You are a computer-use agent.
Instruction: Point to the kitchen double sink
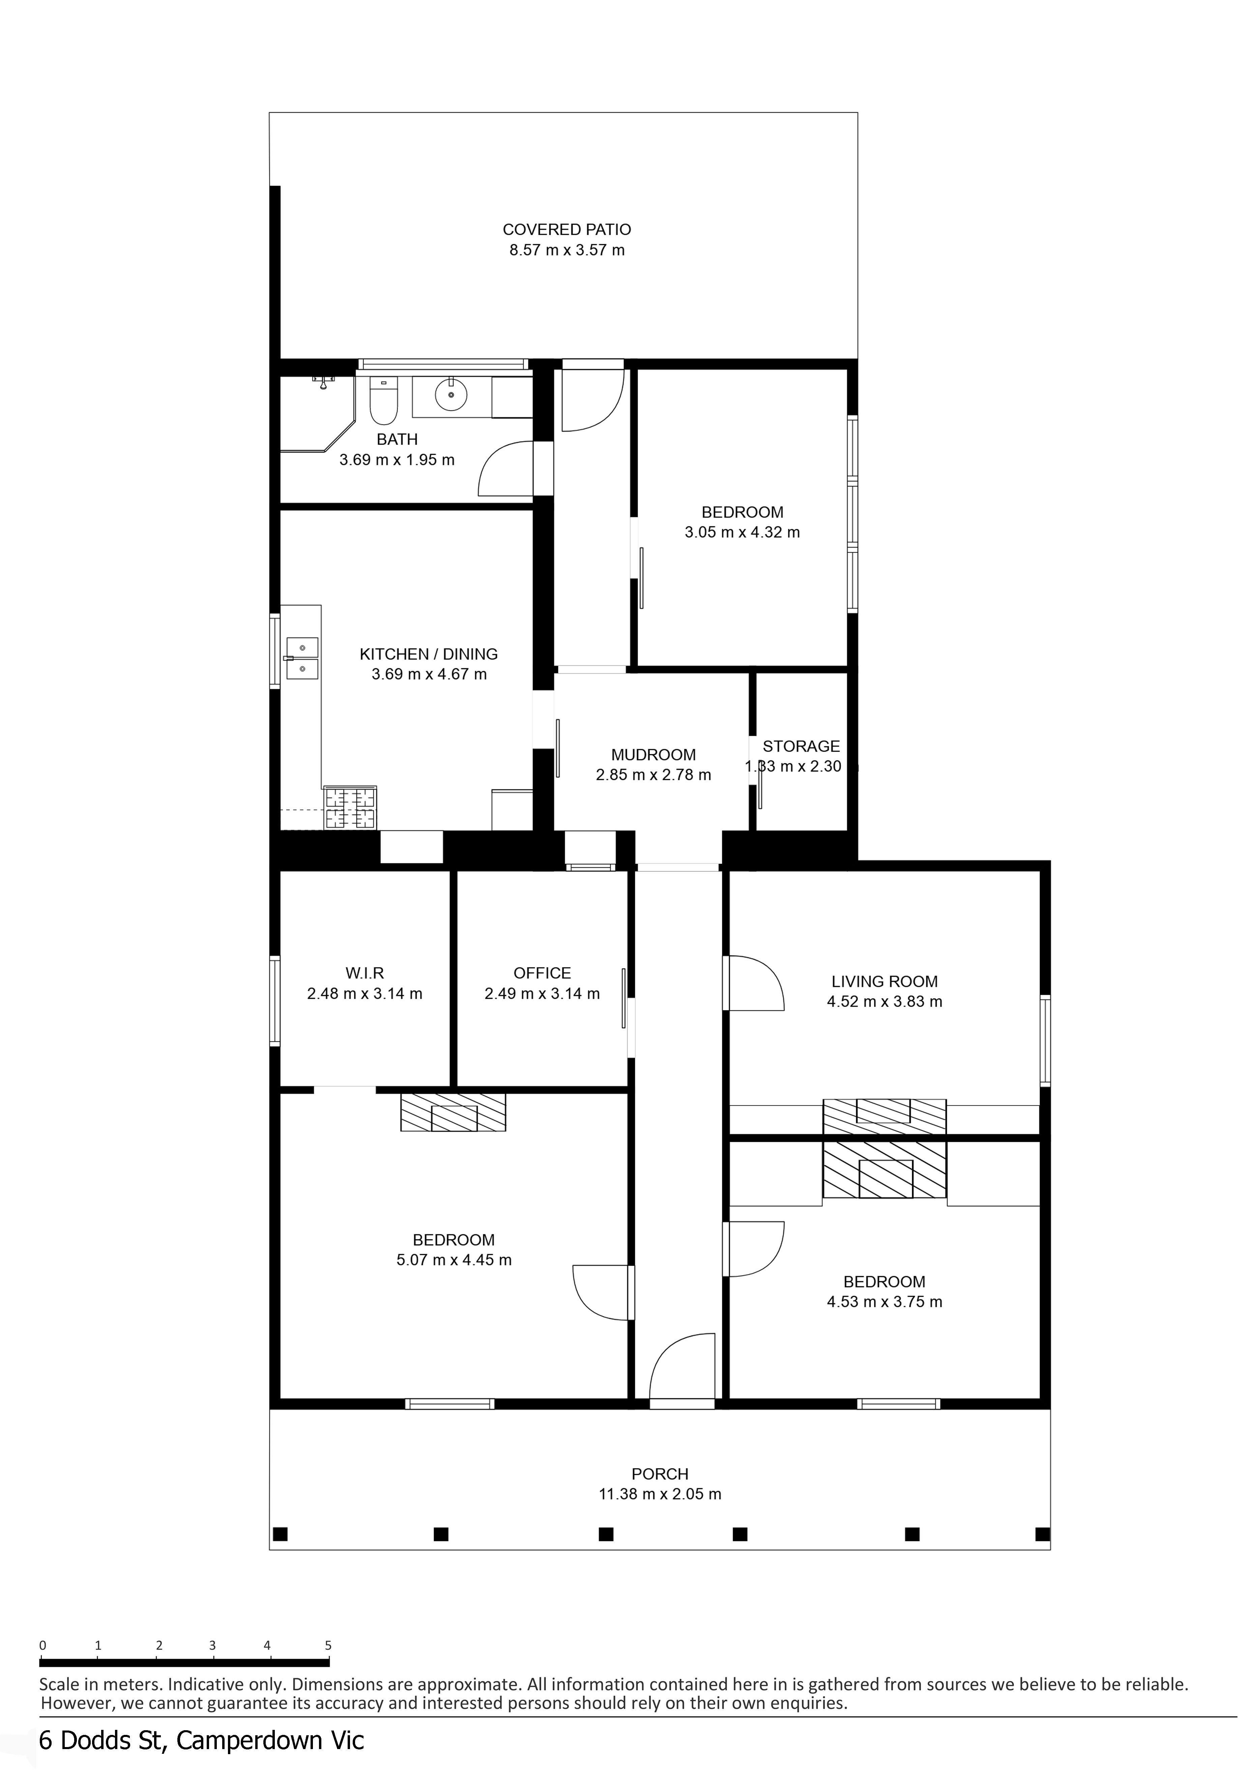point(302,658)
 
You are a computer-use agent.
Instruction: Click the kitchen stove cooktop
point(351,808)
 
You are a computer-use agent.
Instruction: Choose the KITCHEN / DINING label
point(429,654)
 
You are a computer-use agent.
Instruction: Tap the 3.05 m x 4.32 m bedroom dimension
point(743,532)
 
